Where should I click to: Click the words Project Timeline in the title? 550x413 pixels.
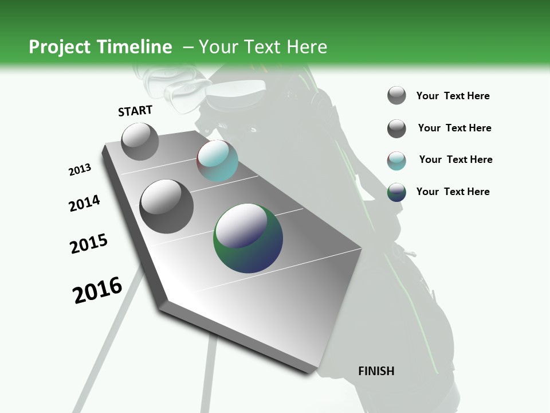(x=100, y=47)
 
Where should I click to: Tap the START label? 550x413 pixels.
(x=135, y=111)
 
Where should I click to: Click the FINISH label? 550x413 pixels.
(x=376, y=371)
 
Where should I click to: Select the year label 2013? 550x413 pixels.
(x=80, y=170)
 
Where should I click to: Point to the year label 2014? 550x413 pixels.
(x=84, y=203)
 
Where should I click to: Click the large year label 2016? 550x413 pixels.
(x=97, y=290)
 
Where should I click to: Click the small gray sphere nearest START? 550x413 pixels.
(x=140, y=141)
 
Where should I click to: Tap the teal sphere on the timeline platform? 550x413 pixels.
(x=217, y=161)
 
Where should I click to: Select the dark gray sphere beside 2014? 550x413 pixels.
(x=167, y=206)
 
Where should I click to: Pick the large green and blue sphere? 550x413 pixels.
(x=248, y=237)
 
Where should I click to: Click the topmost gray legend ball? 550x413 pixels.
(x=396, y=95)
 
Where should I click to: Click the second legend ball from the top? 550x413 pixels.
(x=396, y=128)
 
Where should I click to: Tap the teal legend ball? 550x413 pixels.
(x=396, y=161)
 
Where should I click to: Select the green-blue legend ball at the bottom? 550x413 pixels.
(x=396, y=192)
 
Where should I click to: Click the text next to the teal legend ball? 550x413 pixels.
(x=455, y=159)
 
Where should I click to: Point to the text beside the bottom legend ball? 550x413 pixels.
(x=453, y=192)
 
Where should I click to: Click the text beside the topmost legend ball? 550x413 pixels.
(x=453, y=96)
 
